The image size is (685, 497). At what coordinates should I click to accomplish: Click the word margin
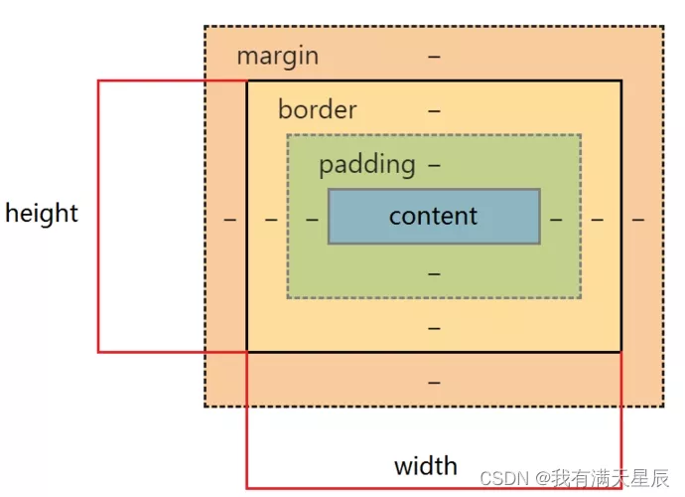pos(278,56)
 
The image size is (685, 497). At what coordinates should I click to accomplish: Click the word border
pos(317,109)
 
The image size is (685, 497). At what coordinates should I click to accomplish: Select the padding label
pos(366,164)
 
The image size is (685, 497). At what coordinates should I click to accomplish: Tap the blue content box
pos(434,216)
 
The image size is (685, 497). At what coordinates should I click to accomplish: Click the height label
pos(42,213)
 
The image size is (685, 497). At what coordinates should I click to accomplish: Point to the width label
pos(426,465)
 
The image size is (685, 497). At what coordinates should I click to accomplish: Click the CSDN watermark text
pos(501,478)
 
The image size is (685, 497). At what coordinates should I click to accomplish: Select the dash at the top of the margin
pos(434,57)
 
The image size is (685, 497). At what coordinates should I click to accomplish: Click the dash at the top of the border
pos(434,110)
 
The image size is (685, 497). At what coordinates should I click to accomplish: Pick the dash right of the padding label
pos(434,164)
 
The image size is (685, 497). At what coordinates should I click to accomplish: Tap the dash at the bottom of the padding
pos(434,272)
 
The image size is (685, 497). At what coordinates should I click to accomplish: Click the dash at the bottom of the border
pos(434,327)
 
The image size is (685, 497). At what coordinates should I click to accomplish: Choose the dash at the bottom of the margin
pos(434,382)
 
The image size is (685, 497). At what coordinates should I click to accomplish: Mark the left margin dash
pos(230,219)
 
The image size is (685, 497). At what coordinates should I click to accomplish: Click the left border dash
pos(271,219)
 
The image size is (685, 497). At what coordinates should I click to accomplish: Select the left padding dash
pos(312,219)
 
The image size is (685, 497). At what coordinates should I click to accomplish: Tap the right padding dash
pos(556,219)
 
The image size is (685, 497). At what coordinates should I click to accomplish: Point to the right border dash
pos(597,219)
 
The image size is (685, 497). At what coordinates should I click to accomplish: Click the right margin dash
pos(637,219)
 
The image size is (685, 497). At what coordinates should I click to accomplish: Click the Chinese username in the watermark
pos(611,478)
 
